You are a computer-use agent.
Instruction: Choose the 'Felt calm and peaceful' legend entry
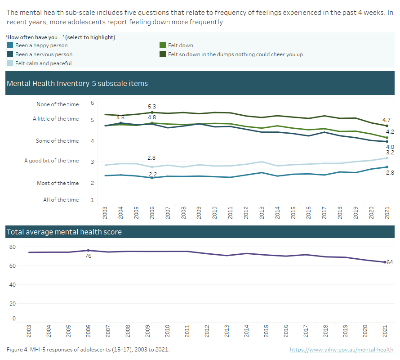43,63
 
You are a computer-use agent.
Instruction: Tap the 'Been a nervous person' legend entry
44,54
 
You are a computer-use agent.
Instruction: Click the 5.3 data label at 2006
152,107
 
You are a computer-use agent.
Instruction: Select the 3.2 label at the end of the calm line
389,153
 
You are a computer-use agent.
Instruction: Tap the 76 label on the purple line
89,256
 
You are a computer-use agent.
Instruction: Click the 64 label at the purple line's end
390,262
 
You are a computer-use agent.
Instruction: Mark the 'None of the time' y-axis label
58,104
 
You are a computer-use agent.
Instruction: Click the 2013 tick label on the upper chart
262,213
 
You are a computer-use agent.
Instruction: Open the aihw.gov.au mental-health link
341,350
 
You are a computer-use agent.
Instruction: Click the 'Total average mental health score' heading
64,232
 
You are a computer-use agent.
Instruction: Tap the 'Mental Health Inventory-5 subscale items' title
77,84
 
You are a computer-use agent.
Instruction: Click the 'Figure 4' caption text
88,350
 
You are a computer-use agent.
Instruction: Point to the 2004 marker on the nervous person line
120,123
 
